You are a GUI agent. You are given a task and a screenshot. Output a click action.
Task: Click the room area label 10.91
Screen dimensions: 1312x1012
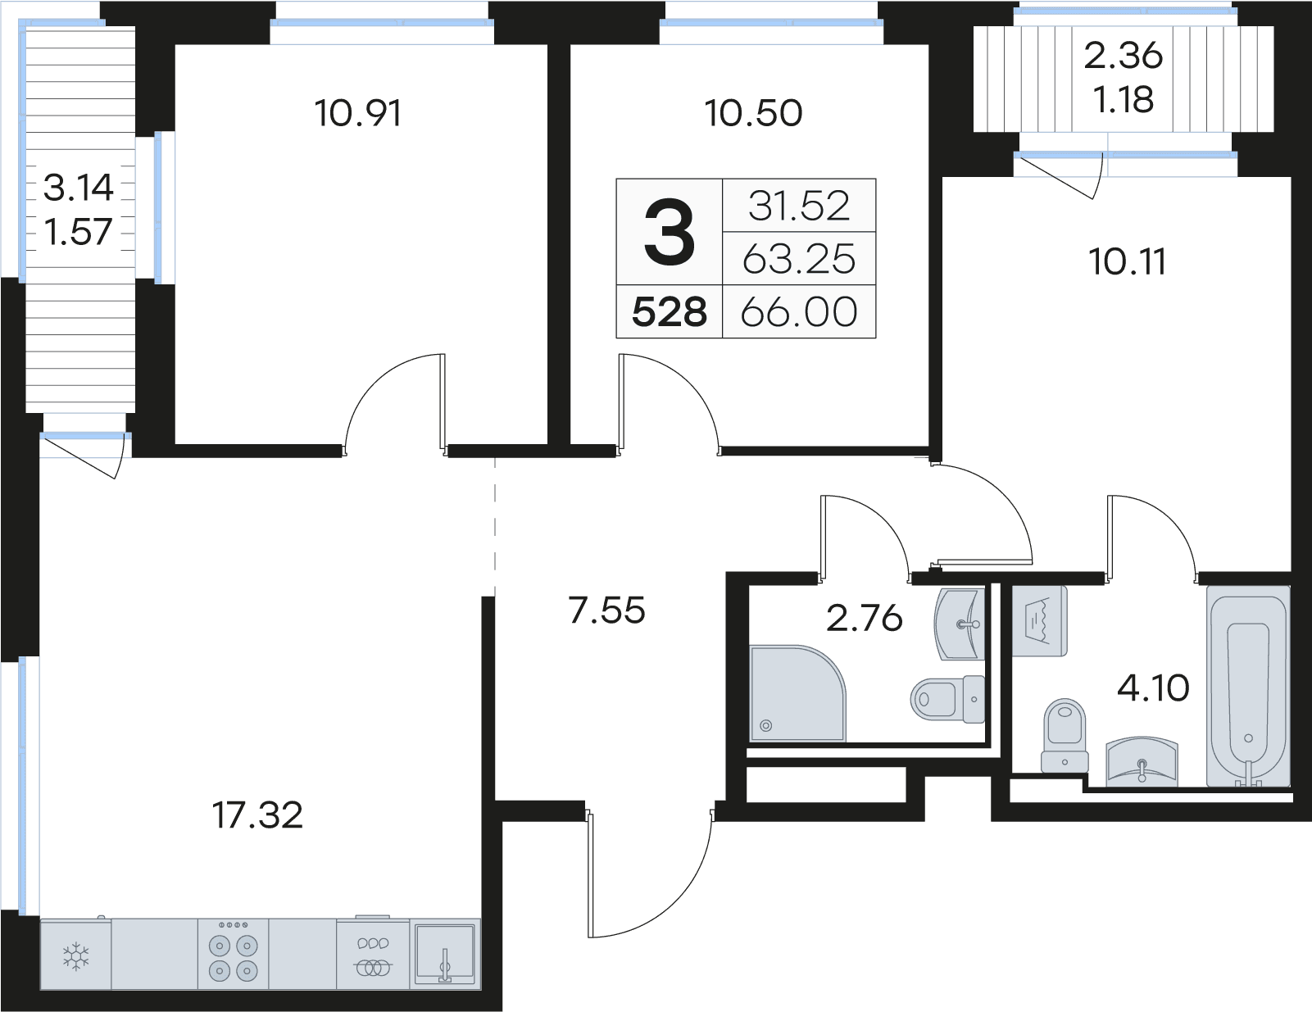[358, 113]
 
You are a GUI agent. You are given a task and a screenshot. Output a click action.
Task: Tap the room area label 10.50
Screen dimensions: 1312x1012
[753, 113]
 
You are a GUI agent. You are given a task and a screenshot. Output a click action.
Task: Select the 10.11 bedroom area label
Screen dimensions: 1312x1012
[1128, 262]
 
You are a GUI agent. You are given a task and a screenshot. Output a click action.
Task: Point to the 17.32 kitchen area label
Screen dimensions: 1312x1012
[257, 815]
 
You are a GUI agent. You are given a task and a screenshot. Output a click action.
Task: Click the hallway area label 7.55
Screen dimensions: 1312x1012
[606, 610]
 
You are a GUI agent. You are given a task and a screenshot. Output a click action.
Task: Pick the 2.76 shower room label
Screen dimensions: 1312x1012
[864, 619]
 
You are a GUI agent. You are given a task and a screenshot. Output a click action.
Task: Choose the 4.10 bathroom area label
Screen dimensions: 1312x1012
[1152, 688]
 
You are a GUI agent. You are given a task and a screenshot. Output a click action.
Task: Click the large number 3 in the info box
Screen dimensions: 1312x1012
[670, 233]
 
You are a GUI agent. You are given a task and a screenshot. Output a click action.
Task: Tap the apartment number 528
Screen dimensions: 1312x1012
[669, 312]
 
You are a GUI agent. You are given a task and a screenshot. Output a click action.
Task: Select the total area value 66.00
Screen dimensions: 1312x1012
[799, 312]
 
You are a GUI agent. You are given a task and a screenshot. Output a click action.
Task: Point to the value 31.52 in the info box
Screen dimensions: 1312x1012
[799, 206]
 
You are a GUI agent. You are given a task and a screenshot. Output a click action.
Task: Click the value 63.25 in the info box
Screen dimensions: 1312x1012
[799, 260]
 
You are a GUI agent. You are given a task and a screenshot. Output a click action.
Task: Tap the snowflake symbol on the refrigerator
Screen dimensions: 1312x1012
[76, 957]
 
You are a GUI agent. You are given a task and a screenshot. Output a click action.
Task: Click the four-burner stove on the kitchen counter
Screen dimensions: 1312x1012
[233, 955]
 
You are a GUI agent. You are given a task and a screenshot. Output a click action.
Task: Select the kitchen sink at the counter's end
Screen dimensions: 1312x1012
[445, 955]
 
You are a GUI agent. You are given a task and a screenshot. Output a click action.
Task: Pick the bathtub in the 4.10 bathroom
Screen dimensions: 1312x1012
[1247, 686]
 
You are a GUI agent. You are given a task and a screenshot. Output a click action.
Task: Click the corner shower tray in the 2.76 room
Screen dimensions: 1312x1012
[797, 693]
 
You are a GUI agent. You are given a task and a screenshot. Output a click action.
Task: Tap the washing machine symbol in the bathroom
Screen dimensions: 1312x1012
[1039, 621]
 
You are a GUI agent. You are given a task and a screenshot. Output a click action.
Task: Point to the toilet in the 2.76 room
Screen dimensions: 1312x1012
[947, 699]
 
